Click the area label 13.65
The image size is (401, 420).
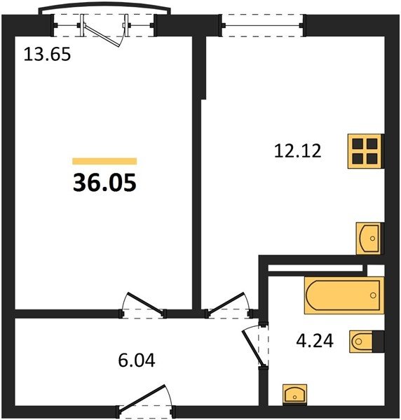47,54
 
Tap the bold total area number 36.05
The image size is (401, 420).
104,183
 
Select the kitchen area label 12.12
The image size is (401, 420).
297,150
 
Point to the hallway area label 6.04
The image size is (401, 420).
137,360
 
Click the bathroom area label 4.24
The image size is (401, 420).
315,341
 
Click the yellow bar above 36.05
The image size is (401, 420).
104,161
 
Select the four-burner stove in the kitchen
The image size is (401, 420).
365,151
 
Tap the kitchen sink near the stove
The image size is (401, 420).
369,239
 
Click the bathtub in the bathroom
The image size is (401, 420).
344,295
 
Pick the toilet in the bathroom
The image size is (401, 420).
367,342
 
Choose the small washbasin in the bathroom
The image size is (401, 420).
294,394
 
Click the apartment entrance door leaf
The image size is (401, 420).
142,398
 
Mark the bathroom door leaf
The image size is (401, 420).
254,348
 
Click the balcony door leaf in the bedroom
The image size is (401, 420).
102,36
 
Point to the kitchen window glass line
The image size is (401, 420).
263,26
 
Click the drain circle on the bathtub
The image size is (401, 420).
373,295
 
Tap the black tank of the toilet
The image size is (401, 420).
378,342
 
